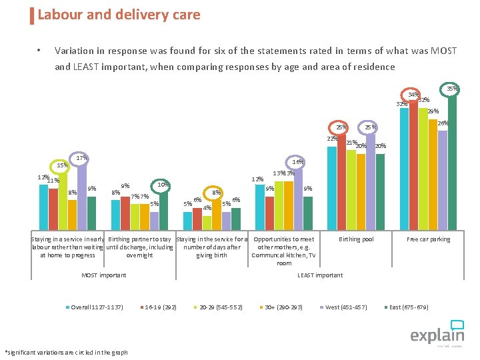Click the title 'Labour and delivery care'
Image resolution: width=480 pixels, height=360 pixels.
click(119, 15)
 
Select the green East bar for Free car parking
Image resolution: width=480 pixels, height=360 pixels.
click(453, 160)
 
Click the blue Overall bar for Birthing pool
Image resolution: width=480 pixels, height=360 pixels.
click(332, 187)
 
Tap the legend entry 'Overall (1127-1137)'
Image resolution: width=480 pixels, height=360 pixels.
click(96, 307)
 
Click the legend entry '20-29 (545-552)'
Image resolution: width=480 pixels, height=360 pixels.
click(220, 307)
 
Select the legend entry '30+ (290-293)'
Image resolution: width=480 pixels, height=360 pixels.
click(283, 307)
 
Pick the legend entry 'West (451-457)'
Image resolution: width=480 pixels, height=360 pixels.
click(345, 307)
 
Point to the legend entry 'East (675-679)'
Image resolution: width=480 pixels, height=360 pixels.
click(409, 307)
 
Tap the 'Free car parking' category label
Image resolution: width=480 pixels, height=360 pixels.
click(429, 239)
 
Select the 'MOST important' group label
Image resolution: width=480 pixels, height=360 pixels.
click(103, 275)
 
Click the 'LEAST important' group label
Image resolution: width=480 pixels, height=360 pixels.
click(320, 275)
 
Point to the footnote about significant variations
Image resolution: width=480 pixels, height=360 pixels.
click(66, 352)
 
